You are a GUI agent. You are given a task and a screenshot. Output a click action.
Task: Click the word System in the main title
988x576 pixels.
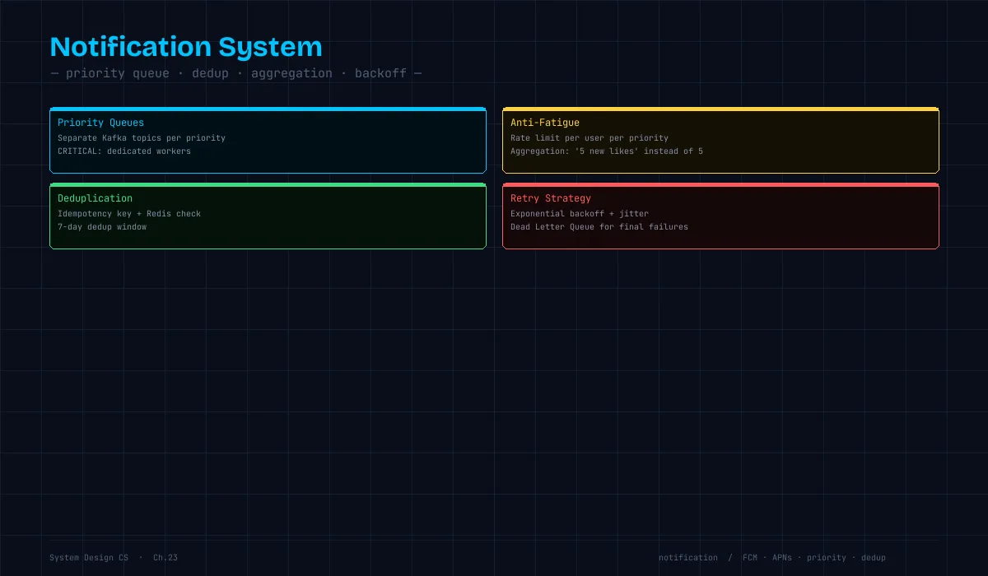270,48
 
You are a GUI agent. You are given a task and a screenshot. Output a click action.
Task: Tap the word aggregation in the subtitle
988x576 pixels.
291,73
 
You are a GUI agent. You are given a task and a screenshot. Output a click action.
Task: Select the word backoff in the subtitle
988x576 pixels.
380,73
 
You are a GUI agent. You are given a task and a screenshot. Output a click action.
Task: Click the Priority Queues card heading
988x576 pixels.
100,123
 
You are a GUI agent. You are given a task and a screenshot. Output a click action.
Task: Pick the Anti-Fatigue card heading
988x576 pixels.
545,123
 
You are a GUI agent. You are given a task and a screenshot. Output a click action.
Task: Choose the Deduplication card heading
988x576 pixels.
95,198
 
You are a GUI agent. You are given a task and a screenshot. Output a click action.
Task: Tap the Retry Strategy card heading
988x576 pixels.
551,198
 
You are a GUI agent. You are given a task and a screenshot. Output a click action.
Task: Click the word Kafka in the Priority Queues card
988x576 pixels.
114,138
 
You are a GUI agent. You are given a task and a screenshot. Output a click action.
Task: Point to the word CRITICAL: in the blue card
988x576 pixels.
80,151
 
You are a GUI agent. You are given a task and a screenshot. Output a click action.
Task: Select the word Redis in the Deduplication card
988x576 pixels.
159,214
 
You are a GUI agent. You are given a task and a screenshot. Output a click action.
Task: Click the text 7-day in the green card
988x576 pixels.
70,227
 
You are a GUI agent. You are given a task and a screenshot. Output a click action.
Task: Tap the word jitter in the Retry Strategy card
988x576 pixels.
634,214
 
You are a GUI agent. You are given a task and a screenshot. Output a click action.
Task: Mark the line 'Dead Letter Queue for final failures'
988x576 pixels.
599,227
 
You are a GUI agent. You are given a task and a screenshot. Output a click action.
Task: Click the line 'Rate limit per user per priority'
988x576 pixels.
590,138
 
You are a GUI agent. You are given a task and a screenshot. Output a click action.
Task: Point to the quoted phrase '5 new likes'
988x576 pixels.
607,151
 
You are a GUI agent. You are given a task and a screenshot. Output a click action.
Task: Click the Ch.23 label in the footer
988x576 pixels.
165,558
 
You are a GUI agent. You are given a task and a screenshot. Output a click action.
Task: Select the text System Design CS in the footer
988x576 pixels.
89,558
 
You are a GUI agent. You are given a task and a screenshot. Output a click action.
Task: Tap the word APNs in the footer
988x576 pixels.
782,558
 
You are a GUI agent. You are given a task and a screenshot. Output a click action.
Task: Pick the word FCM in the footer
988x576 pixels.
750,558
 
